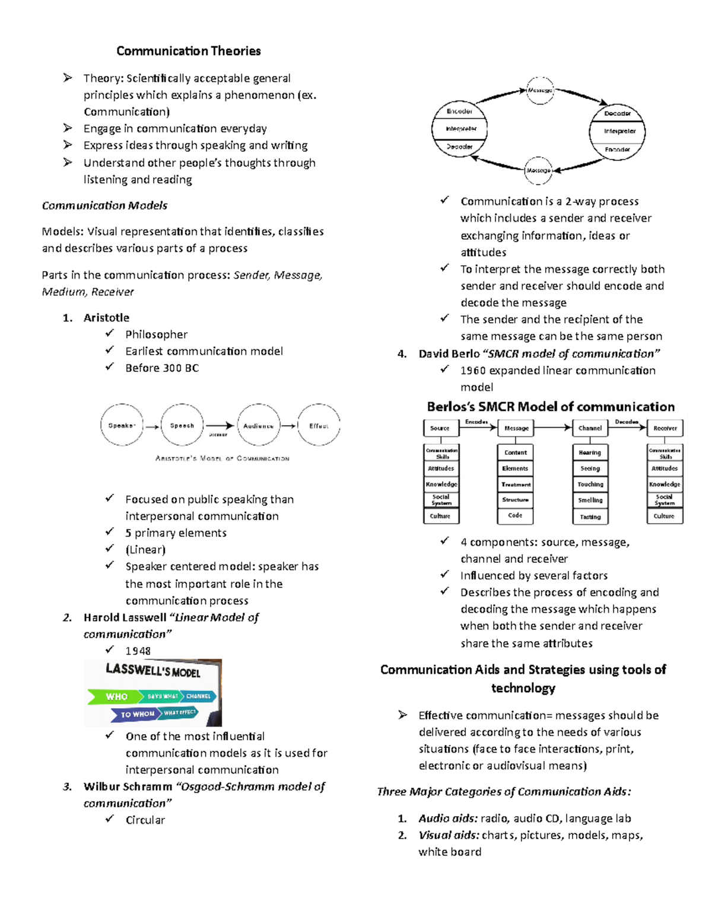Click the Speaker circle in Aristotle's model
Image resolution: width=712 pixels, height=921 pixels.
point(122,425)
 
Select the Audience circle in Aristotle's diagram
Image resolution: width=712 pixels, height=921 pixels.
point(259,425)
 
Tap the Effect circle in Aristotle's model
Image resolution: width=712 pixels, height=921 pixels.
point(319,425)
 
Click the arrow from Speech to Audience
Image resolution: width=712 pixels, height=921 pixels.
point(220,425)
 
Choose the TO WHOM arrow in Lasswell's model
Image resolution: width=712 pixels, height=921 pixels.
point(136,714)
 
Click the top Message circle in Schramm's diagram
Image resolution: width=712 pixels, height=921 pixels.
point(539,90)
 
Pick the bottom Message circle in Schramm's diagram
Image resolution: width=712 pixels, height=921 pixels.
point(538,170)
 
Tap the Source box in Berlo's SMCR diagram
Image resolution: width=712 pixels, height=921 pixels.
point(440,428)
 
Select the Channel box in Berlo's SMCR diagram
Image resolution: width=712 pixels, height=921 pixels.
point(590,428)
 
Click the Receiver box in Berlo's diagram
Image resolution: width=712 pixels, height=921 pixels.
point(665,428)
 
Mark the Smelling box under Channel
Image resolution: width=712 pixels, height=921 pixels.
point(590,500)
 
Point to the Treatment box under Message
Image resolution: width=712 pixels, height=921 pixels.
point(515,485)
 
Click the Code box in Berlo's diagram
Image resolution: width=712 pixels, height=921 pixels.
point(515,515)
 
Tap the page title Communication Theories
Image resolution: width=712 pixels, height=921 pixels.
point(188,51)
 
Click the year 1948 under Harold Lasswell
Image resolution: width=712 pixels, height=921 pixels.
point(138,651)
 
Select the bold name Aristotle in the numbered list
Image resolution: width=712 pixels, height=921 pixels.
point(106,317)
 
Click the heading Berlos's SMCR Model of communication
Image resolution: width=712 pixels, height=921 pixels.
point(550,407)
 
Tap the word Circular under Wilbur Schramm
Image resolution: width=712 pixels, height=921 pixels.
point(145,820)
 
